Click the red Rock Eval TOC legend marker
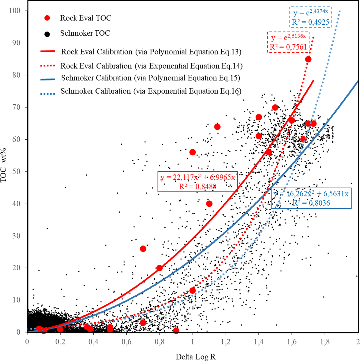click(47, 18)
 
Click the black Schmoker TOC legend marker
click(47, 34)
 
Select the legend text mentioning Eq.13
click(151, 52)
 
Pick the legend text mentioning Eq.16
click(151, 91)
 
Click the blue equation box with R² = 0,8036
click(311, 198)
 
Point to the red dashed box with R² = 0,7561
click(289, 42)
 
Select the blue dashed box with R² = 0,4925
click(310, 17)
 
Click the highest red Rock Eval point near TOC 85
click(308, 59)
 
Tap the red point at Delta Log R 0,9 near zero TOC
click(176, 331)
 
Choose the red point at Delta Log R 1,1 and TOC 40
click(209, 204)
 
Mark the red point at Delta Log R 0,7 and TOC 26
click(143, 249)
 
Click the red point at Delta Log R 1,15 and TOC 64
click(217, 127)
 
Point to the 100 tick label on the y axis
click(15, 11)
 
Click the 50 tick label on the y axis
click(16, 171)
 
